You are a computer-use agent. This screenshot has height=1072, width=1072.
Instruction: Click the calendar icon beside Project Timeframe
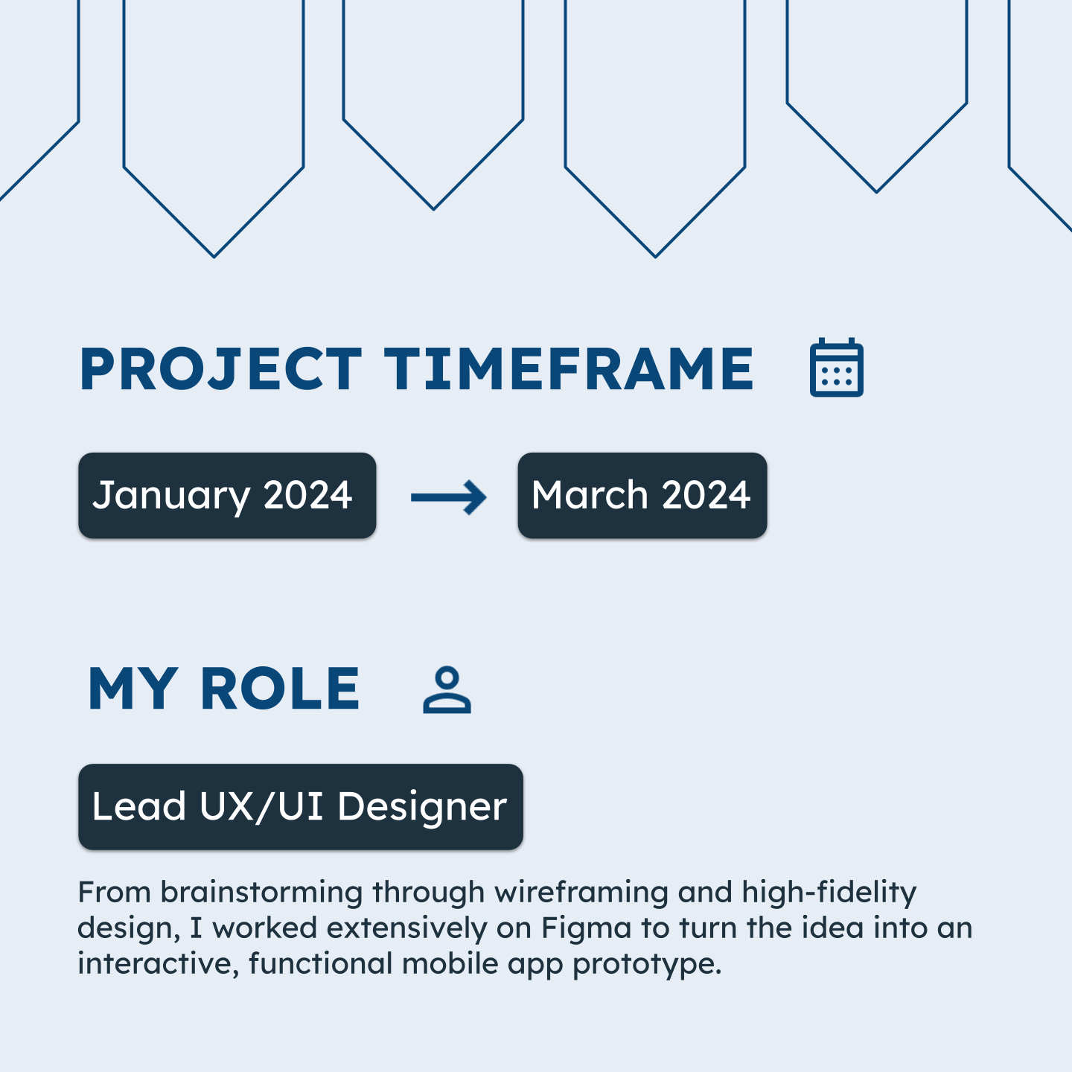click(x=836, y=367)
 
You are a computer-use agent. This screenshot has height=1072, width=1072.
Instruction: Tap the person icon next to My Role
click(x=447, y=690)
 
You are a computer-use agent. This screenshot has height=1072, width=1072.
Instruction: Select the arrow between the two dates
click(x=448, y=497)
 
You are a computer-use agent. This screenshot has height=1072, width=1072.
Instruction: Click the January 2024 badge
click(x=227, y=495)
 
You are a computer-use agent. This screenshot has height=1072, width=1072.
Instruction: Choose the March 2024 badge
click(x=642, y=495)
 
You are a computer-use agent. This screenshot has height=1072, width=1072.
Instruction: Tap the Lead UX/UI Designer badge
click(x=301, y=807)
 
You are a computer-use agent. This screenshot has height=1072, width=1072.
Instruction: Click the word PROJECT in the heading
click(x=221, y=368)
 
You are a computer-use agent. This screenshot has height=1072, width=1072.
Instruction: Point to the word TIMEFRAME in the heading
click(x=569, y=368)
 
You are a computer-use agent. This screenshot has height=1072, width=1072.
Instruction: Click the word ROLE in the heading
click(x=280, y=689)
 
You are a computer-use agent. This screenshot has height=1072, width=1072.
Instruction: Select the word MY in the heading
click(x=133, y=689)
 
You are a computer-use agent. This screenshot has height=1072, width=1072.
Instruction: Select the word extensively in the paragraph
click(x=406, y=928)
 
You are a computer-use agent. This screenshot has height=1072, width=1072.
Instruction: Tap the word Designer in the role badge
click(x=422, y=808)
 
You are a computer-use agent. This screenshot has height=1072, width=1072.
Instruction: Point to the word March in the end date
click(x=590, y=494)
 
